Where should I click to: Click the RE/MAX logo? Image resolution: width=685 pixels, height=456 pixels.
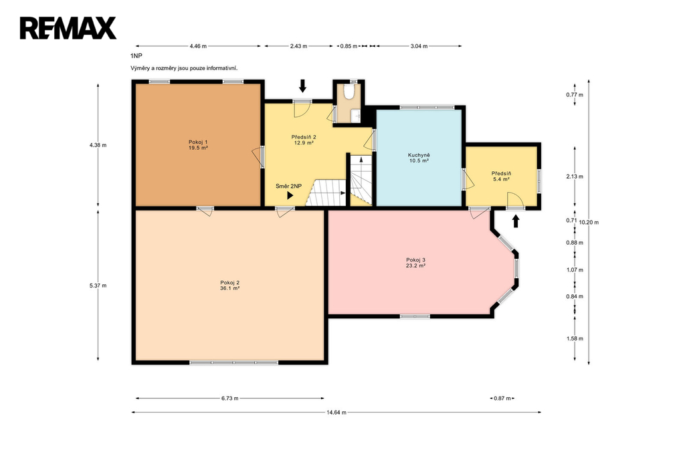68,28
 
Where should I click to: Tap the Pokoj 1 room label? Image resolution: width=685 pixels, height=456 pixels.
198,145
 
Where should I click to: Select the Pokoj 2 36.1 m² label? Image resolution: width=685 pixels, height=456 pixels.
230,286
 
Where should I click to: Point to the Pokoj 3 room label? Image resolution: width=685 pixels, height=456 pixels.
415,263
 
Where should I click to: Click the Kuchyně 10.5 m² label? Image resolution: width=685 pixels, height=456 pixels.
419,158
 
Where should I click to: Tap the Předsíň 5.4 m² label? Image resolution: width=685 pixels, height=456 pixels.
501,177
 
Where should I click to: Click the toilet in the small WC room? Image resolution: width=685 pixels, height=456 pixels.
349,92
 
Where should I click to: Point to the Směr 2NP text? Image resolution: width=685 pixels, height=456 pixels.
288,187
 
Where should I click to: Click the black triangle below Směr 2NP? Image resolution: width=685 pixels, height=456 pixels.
290,196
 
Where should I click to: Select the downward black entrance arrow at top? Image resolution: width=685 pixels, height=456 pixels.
302,86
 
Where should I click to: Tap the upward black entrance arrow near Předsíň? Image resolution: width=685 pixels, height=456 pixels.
516,221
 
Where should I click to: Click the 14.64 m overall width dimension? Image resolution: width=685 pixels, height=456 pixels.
336,413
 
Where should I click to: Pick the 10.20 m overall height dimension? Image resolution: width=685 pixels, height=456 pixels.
589,223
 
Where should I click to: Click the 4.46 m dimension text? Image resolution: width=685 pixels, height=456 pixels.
198,46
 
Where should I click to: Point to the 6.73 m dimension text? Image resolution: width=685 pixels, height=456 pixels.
230,398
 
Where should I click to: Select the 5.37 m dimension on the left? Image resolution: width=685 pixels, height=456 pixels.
98,286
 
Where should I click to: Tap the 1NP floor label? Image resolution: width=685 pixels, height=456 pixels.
136,56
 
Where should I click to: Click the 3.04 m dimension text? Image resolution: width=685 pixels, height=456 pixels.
419,46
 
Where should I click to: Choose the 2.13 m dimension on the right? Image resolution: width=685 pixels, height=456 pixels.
575,177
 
